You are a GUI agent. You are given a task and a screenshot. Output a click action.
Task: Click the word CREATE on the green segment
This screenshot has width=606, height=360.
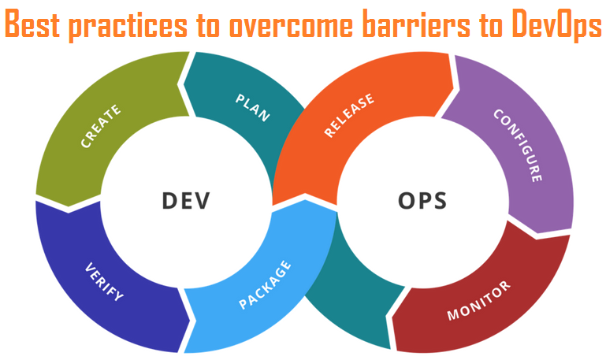pos(101,126)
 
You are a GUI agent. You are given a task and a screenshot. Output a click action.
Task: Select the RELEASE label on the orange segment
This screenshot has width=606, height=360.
pos(349,116)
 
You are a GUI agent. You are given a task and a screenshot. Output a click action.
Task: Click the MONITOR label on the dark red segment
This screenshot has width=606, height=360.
pos(479,300)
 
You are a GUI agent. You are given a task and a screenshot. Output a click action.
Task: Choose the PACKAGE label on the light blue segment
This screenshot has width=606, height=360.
pos(264,286)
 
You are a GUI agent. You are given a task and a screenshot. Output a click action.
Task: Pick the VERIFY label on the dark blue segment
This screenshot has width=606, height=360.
pos(103,281)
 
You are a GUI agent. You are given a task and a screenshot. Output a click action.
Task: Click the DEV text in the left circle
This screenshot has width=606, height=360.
pos(186,200)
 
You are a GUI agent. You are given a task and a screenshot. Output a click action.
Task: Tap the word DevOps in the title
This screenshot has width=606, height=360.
pos(554,26)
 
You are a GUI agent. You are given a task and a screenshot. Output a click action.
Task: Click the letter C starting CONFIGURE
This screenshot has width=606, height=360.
pos(498,113)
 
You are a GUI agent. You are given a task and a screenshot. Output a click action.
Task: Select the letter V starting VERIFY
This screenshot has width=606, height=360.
pos(88,265)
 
